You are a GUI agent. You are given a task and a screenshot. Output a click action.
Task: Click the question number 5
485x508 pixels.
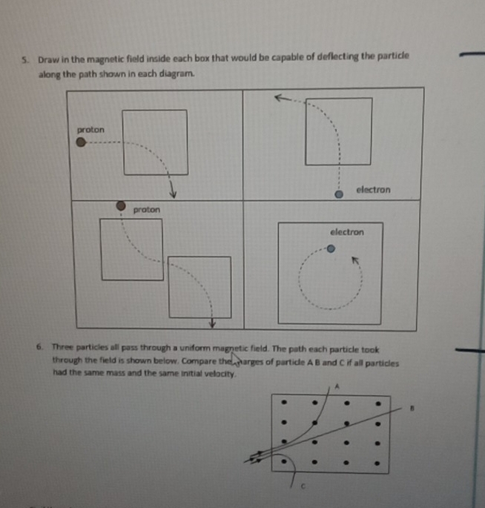pyautogui.click(x=24, y=57)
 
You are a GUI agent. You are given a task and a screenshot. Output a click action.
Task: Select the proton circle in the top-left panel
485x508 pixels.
pyautogui.click(x=81, y=145)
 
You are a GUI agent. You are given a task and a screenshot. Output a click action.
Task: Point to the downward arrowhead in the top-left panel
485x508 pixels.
pyautogui.click(x=172, y=193)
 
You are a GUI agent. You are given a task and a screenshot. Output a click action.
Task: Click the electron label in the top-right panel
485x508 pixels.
pyautogui.click(x=373, y=190)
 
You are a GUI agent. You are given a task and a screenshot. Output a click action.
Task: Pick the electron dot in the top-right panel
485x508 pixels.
pyautogui.click(x=340, y=194)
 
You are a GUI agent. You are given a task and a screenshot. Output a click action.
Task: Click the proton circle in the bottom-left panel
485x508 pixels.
pyautogui.click(x=121, y=206)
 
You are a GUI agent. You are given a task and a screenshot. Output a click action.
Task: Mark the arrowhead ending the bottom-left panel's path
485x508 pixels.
pyautogui.click(x=211, y=323)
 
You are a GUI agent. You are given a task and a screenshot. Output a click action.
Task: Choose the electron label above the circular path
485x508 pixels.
pyautogui.click(x=347, y=232)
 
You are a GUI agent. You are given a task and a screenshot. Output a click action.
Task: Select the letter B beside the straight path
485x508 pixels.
pyautogui.click(x=405, y=407)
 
